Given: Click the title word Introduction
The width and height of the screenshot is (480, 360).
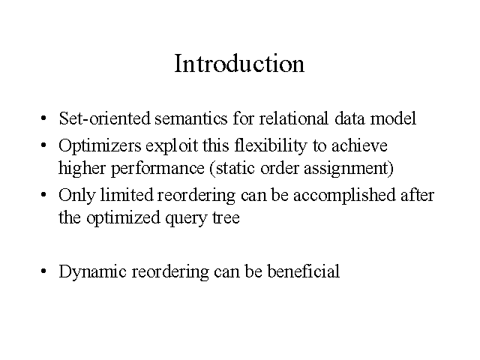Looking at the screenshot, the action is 239,63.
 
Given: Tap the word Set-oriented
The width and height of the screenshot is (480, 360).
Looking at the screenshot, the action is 104,118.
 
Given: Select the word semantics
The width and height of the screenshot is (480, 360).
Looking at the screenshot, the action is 191,118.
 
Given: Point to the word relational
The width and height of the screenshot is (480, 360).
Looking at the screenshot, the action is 294,118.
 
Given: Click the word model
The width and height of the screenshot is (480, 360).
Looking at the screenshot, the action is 393,118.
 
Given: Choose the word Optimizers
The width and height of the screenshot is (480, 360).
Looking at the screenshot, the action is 100,146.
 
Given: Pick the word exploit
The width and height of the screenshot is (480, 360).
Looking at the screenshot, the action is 172,146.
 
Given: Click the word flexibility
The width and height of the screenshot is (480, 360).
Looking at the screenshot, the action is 271,146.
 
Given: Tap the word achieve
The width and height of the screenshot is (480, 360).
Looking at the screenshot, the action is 360,145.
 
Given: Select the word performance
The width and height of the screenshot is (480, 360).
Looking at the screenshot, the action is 157,169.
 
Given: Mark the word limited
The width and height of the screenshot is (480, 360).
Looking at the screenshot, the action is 127,195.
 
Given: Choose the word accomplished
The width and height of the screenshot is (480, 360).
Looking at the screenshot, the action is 344,196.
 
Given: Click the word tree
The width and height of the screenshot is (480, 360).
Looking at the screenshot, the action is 226,218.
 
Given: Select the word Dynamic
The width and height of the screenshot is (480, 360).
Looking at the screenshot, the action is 92,272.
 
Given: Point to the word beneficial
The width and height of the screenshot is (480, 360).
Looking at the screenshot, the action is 303,271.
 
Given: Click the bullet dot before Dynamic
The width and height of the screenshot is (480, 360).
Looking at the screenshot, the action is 43,271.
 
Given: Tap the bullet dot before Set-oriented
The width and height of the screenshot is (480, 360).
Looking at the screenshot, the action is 43,118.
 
